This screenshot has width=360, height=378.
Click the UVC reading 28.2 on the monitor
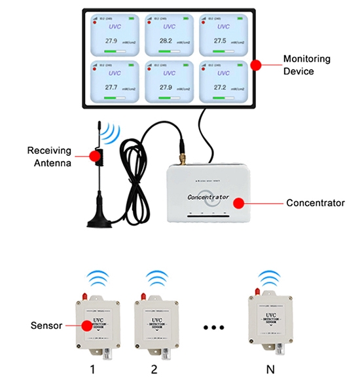point(166,40)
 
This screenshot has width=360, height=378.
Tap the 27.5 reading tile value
point(220,40)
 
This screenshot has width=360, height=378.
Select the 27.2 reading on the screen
point(220,87)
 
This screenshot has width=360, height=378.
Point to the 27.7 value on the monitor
point(111,87)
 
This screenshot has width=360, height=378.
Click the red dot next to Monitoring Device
point(257,64)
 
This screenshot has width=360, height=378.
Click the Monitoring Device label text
point(306,64)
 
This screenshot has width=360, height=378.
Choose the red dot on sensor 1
point(85,324)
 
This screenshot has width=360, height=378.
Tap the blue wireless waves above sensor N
point(268,278)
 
